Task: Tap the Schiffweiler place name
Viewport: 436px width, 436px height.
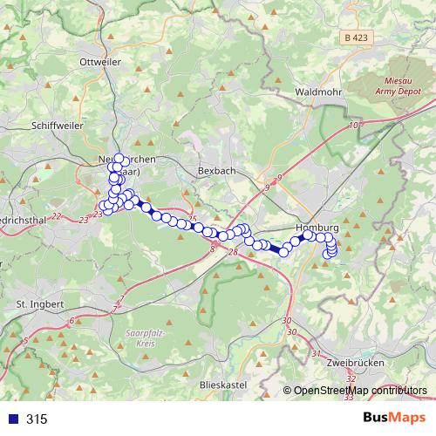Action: [x=56, y=125]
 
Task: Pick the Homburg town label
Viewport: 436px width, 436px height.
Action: [x=317, y=228]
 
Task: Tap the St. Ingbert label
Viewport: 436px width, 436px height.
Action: [x=40, y=303]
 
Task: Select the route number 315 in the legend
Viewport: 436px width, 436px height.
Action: [x=37, y=419]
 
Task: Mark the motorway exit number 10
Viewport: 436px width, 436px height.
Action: [x=353, y=126]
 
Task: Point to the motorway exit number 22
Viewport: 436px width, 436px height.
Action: [x=57, y=215]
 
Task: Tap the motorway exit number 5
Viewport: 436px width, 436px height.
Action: [x=24, y=339]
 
